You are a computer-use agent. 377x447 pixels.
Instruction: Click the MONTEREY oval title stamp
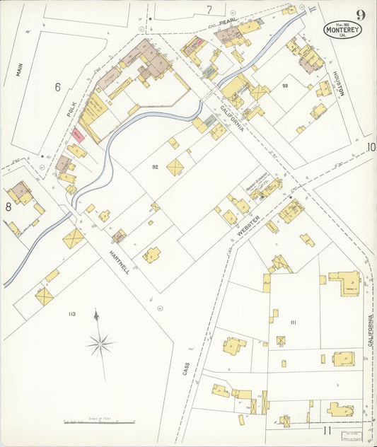pos(342,30)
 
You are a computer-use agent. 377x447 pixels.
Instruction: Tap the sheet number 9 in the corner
pos(361,15)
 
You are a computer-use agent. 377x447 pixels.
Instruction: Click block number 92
pos(154,167)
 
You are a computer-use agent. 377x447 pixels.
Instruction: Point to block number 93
pos(284,86)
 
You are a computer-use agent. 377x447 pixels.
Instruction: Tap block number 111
pos(292,322)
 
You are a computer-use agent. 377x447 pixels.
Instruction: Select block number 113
pos(71,313)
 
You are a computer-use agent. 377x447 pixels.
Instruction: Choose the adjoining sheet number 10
pos(371,147)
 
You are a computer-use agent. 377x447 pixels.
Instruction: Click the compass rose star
pos(100,344)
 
